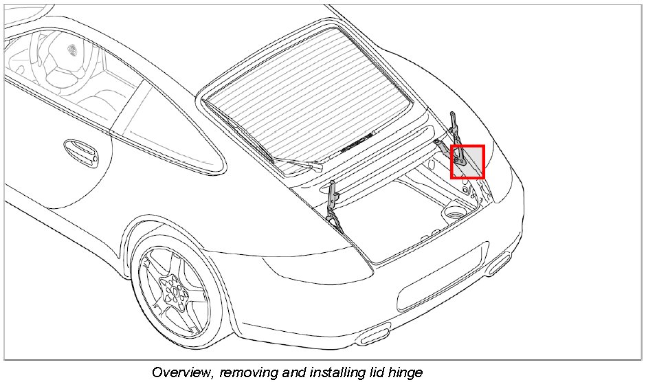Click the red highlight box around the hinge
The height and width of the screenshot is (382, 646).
[x=467, y=162]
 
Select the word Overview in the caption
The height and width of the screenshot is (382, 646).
[x=181, y=373]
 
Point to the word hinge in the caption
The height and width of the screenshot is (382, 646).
[x=405, y=373]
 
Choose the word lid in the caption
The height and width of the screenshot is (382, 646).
[x=374, y=373]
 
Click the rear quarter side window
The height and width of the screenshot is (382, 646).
[x=165, y=131]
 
